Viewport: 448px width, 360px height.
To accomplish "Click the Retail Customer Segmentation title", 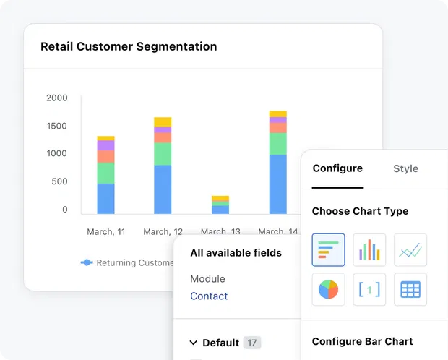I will click(129, 46).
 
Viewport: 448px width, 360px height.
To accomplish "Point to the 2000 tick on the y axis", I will click(56, 98).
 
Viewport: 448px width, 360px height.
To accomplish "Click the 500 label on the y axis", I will click(59, 181).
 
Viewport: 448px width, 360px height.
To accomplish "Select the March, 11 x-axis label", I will click(105, 232).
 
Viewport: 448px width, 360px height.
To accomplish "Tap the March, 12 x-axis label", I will click(163, 232).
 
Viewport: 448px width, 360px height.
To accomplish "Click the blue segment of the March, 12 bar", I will click(163, 189).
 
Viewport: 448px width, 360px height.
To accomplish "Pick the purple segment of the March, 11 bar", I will click(105, 145).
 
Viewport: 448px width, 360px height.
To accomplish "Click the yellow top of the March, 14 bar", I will click(277, 113).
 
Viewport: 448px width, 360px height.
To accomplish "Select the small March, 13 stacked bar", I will click(220, 205).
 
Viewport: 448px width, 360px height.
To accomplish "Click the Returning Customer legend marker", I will click(87, 263).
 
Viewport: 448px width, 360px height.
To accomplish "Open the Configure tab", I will click(337, 168).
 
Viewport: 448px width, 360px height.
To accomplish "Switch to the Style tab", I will click(405, 168).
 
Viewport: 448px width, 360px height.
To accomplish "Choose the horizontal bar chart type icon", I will click(328, 250).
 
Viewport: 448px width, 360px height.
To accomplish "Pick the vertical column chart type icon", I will click(369, 250).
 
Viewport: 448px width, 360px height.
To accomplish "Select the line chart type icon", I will click(410, 250).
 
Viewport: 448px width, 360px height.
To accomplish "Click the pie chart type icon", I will click(328, 289).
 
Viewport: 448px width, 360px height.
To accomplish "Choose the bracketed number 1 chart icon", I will click(369, 289).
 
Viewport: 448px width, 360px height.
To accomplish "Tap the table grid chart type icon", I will click(410, 289).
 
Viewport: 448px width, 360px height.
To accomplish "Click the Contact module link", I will click(209, 296).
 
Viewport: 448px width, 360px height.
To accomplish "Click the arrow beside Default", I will click(194, 343).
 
